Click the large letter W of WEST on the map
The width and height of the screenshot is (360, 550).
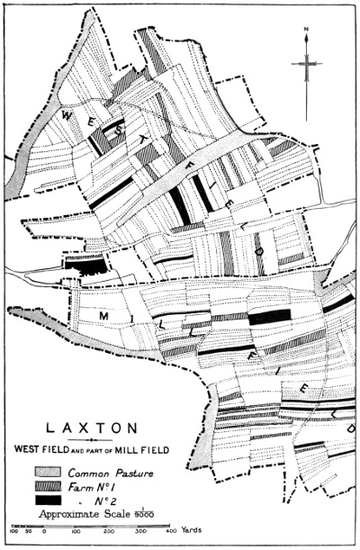65,115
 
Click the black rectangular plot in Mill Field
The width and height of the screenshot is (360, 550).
269,316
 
